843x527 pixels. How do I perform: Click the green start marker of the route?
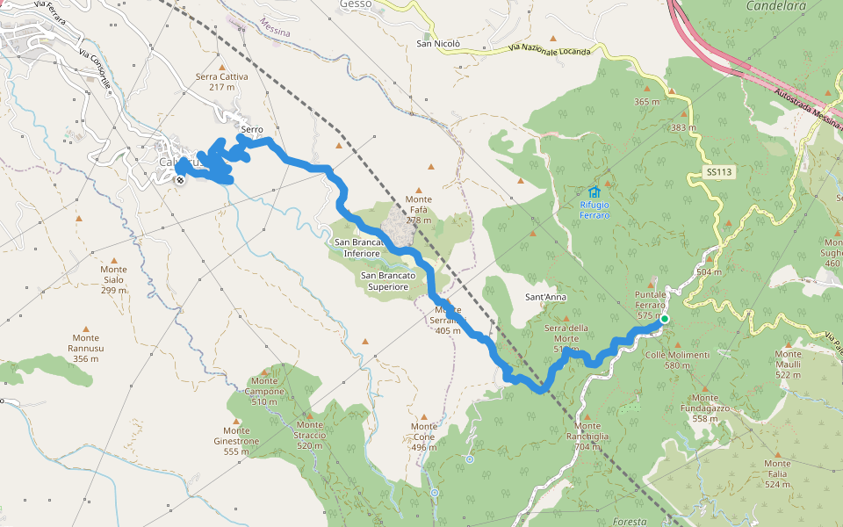(x=665, y=319)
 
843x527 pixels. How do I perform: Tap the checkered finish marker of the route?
(x=180, y=180)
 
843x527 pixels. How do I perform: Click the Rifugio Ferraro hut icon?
(x=594, y=192)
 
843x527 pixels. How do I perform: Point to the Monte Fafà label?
(x=418, y=204)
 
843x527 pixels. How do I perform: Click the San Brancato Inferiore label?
(x=357, y=248)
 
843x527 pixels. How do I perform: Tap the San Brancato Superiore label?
(x=385, y=281)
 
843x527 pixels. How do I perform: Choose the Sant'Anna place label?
(x=545, y=297)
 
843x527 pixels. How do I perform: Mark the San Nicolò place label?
(x=436, y=43)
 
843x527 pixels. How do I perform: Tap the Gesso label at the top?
(x=356, y=4)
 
